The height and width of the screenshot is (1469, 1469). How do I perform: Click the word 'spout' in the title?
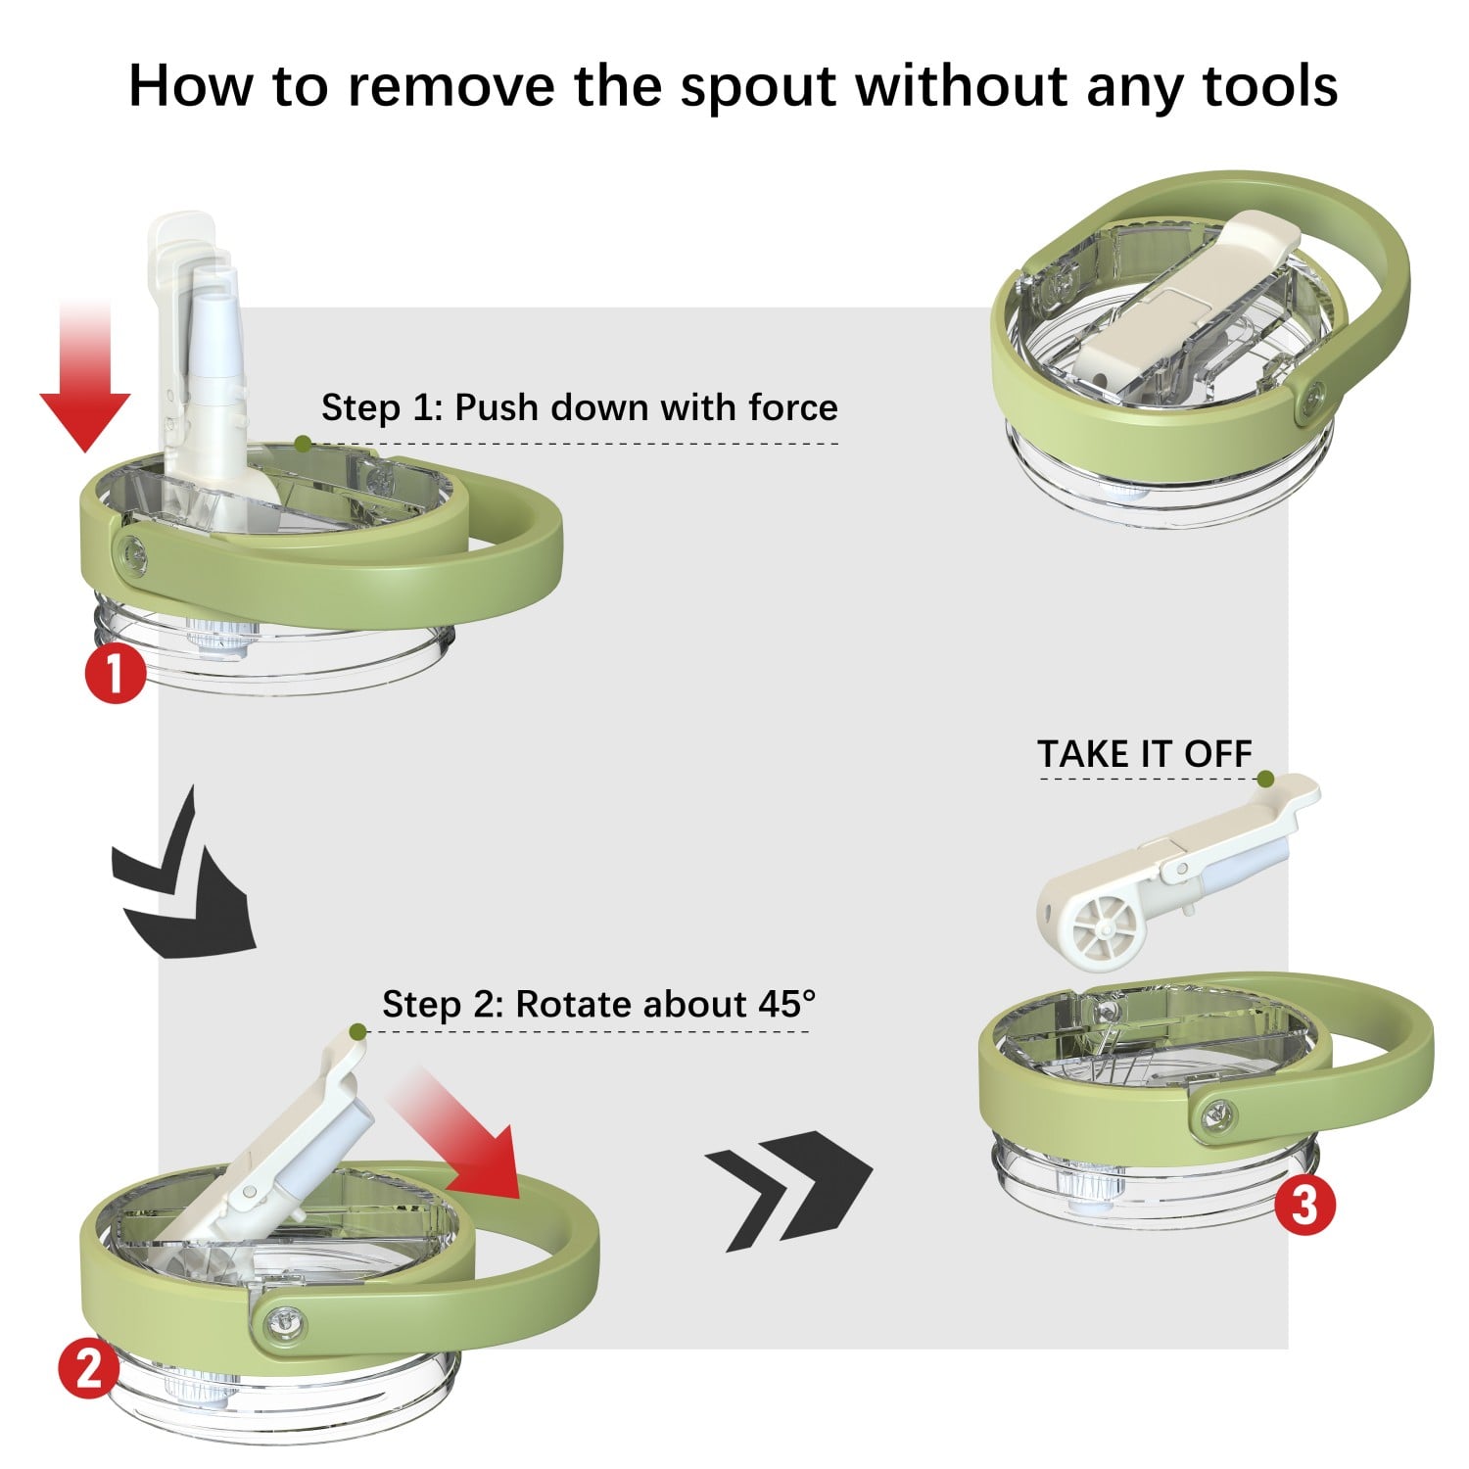(759, 87)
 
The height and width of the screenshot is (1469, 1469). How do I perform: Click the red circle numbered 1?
(115, 673)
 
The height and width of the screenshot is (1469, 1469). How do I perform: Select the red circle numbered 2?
(88, 1367)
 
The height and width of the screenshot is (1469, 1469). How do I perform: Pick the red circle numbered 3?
(1304, 1205)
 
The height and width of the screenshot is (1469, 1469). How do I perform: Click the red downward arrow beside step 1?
(85, 377)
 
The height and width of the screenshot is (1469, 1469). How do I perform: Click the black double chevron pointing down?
(184, 875)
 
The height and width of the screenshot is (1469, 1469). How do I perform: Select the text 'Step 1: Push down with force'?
(580, 407)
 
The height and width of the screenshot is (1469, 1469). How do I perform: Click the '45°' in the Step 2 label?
(786, 1004)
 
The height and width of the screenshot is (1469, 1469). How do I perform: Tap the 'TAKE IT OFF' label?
(1145, 754)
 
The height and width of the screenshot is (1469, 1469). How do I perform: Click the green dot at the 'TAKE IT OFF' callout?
(1265, 779)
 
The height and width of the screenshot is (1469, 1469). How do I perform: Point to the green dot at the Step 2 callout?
(357, 1031)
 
